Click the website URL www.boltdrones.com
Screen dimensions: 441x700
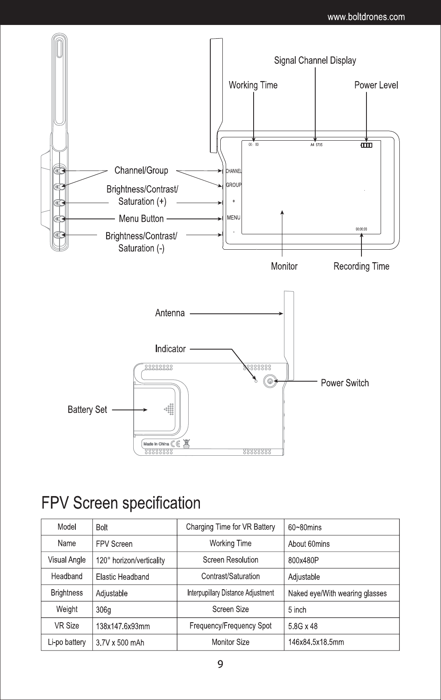[x=366, y=17]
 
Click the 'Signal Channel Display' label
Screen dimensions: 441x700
[x=315, y=61]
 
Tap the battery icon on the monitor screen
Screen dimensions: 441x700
[x=366, y=145]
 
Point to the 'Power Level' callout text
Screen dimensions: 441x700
[x=376, y=85]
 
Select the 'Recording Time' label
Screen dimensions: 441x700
[x=361, y=266]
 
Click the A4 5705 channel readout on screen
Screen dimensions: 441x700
[x=316, y=145]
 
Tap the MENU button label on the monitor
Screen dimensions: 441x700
[x=234, y=218]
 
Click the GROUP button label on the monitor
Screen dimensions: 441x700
[x=234, y=185]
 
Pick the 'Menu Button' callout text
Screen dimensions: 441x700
[x=141, y=218]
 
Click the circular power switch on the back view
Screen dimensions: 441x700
[x=270, y=381]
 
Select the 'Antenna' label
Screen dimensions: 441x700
[x=170, y=313]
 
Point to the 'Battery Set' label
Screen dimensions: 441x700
[x=87, y=410]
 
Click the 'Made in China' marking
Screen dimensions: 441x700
[x=156, y=444]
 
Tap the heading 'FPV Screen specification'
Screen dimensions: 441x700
[x=121, y=503]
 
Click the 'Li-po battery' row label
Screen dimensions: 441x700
[x=67, y=642]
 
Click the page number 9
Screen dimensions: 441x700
[x=220, y=664]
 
